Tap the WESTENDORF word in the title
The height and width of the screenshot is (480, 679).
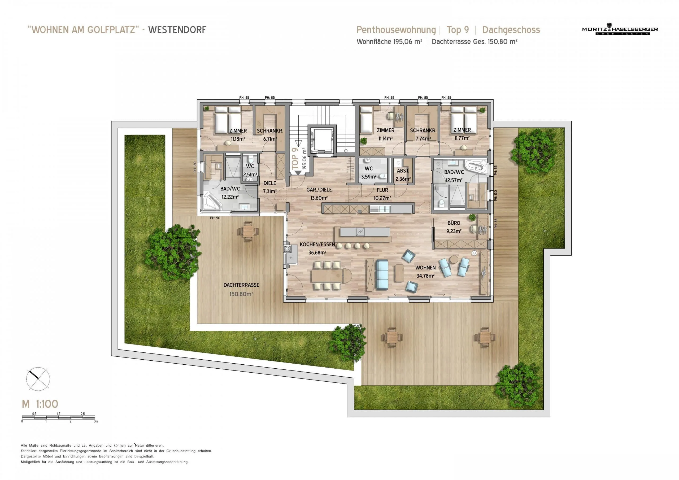click(177, 30)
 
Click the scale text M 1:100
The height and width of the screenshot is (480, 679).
click(40, 404)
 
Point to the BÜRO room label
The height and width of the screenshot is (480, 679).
click(454, 223)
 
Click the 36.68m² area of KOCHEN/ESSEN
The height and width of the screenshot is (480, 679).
click(317, 252)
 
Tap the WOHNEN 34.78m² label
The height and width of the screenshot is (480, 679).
click(425, 272)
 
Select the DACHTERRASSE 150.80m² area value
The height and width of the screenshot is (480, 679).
click(241, 294)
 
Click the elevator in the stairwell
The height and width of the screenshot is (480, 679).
click(322, 141)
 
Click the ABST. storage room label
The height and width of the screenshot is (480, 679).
click(403, 171)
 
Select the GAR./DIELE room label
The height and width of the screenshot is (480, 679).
click(319, 190)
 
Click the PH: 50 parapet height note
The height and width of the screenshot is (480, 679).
click(215, 218)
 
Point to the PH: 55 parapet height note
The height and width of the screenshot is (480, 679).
click(496, 170)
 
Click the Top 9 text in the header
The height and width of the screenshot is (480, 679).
click(458, 30)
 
